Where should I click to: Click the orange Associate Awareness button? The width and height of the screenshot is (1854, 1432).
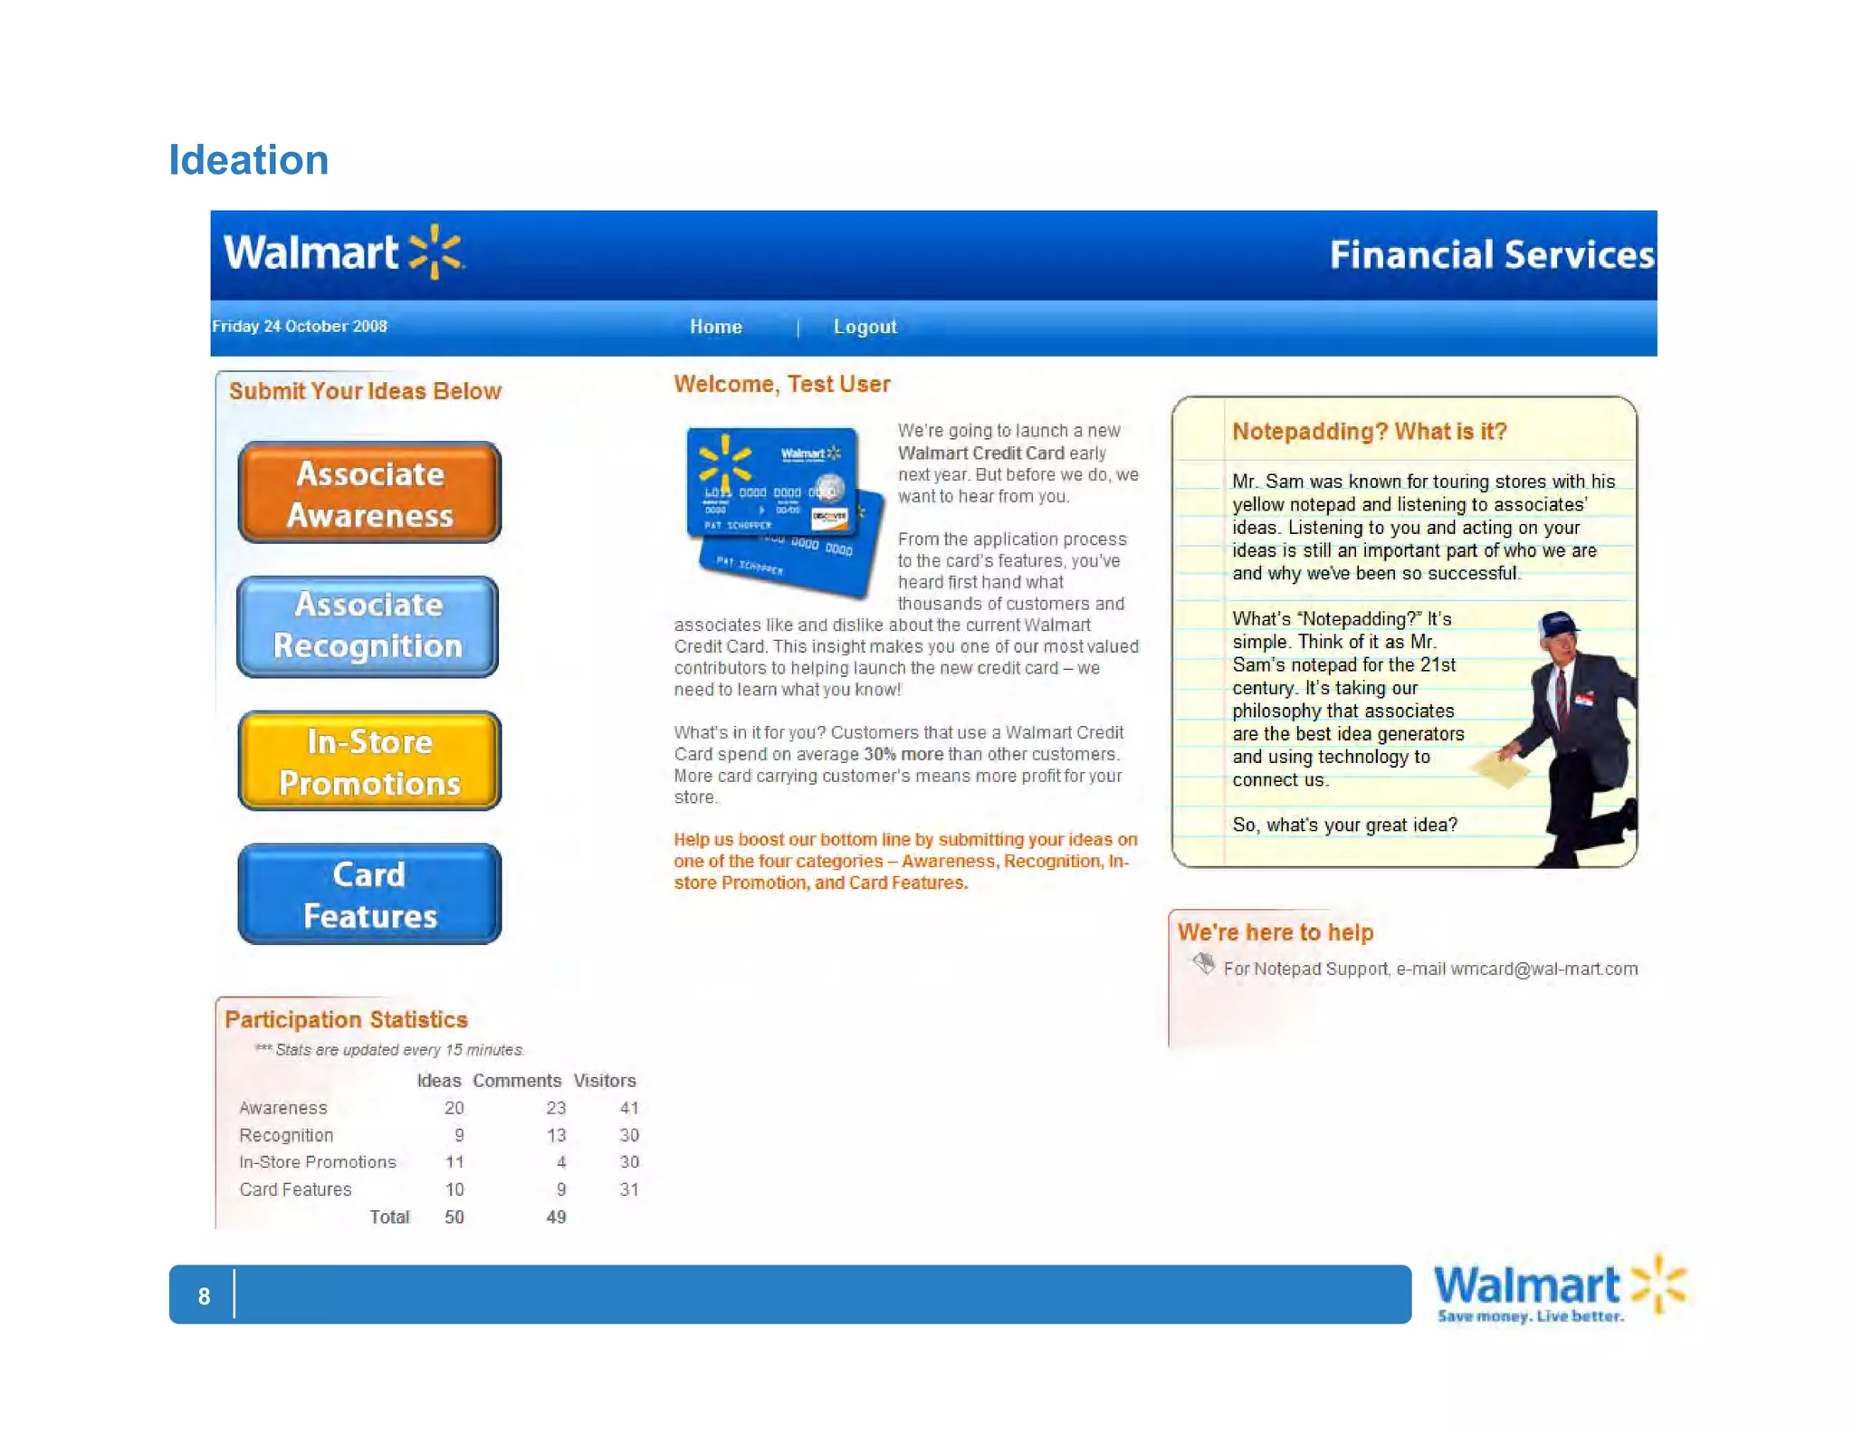369,493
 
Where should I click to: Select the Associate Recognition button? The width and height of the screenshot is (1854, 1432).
368,626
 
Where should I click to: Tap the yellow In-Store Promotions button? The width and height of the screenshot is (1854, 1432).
369,761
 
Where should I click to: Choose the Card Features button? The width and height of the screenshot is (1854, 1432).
369,894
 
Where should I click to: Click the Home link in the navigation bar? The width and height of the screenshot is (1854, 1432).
715,327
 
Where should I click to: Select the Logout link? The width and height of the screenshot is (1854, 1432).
865,327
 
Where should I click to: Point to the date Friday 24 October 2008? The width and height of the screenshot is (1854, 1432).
300,326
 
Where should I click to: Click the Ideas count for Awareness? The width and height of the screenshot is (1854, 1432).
454,1108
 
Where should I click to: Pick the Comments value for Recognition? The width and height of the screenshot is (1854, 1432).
556,1135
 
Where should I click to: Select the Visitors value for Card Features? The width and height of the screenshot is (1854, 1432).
629,1189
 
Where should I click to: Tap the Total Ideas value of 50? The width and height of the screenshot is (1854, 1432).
454,1217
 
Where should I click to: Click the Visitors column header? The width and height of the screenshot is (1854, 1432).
605,1081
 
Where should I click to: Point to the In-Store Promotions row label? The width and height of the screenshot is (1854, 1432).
318,1162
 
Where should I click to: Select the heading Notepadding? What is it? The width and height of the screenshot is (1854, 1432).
1369,432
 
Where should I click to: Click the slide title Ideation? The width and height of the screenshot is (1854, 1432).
249,160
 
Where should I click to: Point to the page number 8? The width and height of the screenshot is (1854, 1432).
205,1296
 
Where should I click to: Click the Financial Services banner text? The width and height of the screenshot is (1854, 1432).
1491,255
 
